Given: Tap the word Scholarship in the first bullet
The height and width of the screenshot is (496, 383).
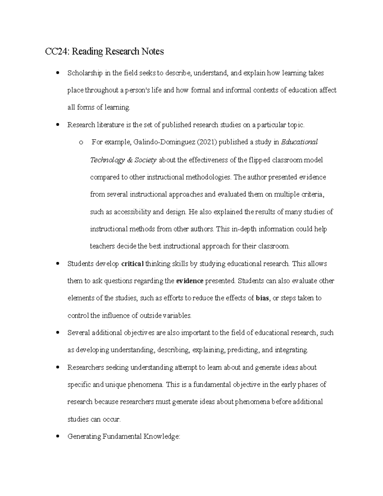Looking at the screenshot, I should tap(85, 73).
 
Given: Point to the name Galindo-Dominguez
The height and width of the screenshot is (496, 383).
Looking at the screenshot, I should tap(163, 142).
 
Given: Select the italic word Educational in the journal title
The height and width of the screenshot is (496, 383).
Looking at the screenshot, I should tap(299, 142).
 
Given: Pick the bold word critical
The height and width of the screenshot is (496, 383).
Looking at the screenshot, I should tap(132, 264).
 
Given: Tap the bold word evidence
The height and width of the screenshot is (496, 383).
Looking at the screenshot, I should tap(190, 281).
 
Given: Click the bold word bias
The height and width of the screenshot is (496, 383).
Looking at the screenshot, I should tap(262, 298).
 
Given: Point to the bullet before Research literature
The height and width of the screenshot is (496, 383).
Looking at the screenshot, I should tap(57, 125).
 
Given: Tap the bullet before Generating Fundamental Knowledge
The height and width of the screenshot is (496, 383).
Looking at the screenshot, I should tap(57, 436).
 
